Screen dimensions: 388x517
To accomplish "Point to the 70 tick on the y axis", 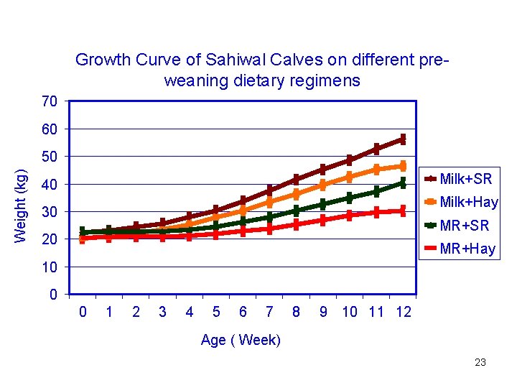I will tap(50, 101).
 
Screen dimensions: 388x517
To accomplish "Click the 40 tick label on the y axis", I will tap(50, 185).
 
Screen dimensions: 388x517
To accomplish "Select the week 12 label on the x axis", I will tap(403, 312).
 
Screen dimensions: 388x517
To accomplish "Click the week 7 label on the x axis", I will tap(269, 312).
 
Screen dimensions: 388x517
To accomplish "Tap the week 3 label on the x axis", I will tap(162, 312).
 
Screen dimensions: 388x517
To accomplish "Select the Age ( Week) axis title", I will tap(241, 340).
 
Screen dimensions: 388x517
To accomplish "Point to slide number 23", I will tap(480, 362).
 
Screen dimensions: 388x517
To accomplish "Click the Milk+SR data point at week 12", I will tap(403, 139).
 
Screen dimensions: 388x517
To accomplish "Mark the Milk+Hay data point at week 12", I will tap(403, 166).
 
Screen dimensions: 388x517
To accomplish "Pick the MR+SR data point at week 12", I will tap(403, 183).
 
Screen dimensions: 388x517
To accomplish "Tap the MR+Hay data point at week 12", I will tap(403, 211).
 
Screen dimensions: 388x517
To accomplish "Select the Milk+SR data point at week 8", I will tap(296, 179).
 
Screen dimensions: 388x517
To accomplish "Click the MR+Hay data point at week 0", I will tap(83, 239).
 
